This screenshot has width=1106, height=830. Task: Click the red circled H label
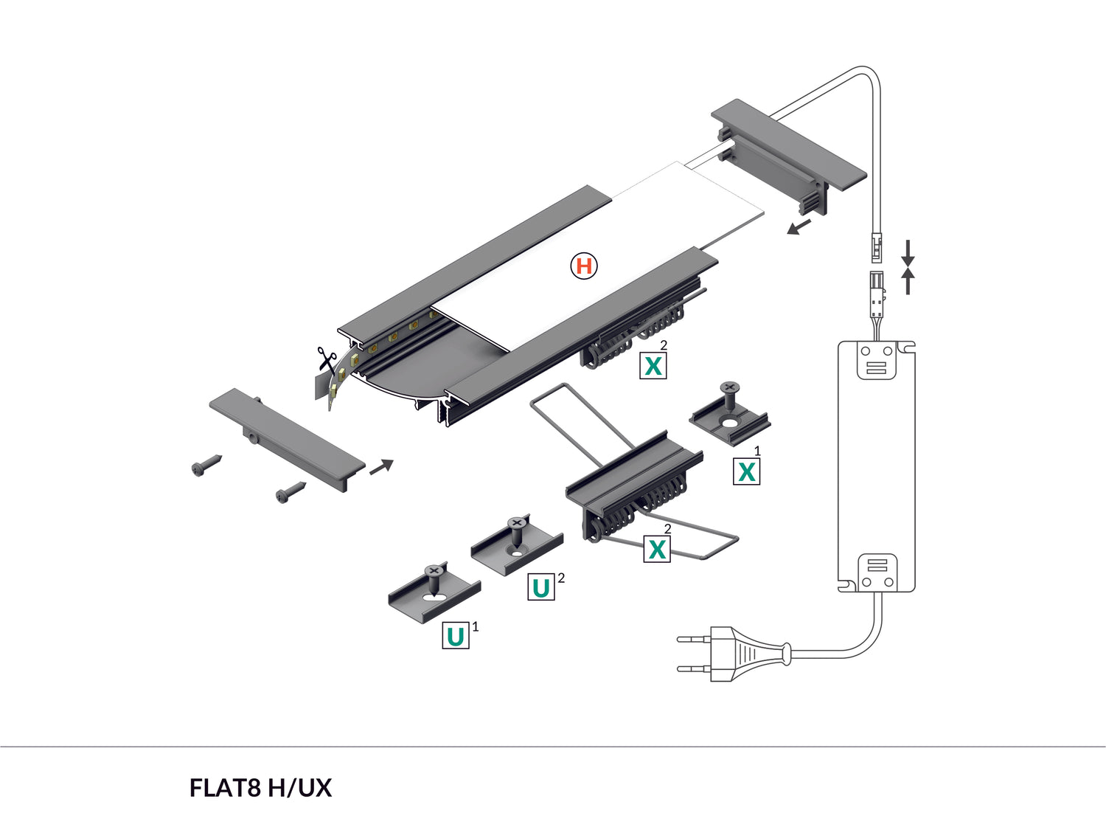[x=584, y=266]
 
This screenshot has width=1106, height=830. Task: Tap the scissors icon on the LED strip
[x=325, y=359]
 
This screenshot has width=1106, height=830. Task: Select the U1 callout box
[x=456, y=636]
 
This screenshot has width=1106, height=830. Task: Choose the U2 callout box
[x=541, y=587]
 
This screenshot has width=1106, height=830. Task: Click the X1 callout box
[x=746, y=471]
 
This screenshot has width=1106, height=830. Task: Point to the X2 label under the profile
[x=653, y=365]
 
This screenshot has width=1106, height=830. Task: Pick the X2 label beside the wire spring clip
[x=656, y=549]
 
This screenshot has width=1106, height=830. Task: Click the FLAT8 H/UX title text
[x=260, y=788]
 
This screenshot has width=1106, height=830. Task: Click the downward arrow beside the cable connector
[x=908, y=252]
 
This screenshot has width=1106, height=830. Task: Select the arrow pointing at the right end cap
[x=799, y=226]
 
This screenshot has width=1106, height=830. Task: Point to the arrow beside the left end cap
[x=381, y=466]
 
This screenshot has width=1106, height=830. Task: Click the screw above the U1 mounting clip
[x=434, y=576]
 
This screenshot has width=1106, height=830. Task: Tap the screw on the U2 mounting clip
[x=517, y=530]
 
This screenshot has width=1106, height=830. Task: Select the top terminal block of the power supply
[x=876, y=361]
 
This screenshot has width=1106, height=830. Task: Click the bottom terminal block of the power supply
[x=877, y=573]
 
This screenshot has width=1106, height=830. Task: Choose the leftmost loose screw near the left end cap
[x=206, y=466]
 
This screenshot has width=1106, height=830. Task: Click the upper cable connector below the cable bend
[x=876, y=247]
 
